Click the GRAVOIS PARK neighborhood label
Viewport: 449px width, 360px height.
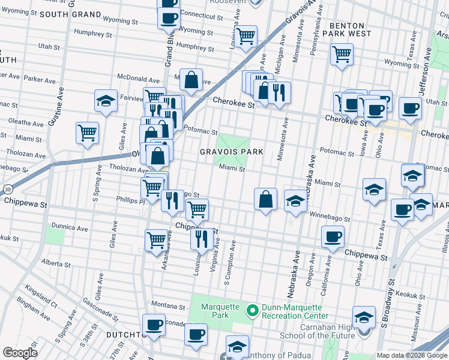point(232,152)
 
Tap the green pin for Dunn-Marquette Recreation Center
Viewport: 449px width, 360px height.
point(253,310)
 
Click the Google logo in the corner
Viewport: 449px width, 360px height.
point(20,352)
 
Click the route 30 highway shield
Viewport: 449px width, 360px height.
point(5,189)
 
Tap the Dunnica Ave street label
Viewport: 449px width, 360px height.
point(70,229)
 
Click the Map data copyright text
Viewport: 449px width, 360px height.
point(412,355)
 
